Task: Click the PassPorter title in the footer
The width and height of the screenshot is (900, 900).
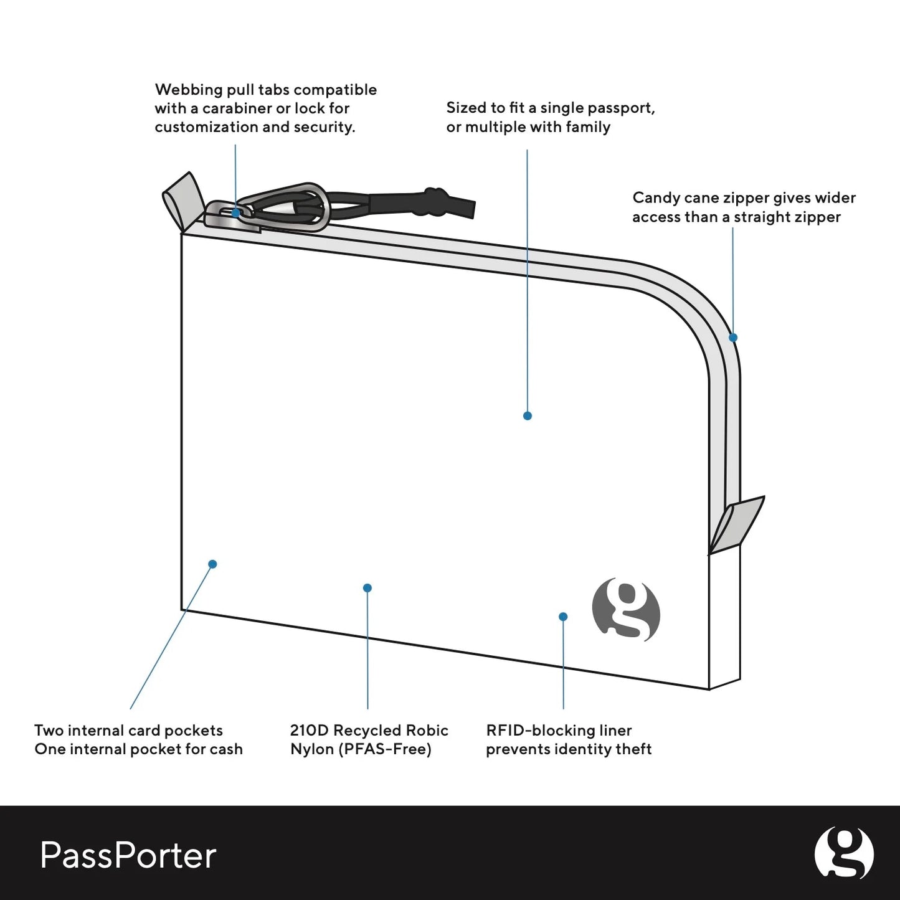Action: coord(128,855)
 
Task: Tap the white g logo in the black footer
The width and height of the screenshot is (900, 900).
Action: coord(844,853)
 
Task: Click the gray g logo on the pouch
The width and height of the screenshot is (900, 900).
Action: coord(626,609)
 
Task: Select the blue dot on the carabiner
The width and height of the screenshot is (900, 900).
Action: coord(236,212)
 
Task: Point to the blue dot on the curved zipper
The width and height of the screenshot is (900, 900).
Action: coord(733,338)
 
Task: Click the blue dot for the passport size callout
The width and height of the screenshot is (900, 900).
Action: coord(528,415)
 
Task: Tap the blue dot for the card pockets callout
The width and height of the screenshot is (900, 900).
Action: coord(212,564)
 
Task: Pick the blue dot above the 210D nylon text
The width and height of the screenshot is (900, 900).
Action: coord(367,588)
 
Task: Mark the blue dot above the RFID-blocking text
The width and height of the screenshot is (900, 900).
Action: coord(563,617)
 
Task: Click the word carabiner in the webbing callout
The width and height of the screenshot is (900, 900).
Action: coord(237,108)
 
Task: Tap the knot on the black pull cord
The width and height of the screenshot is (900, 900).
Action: coord(435,195)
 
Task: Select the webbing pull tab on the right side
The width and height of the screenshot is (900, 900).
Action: coord(739,523)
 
